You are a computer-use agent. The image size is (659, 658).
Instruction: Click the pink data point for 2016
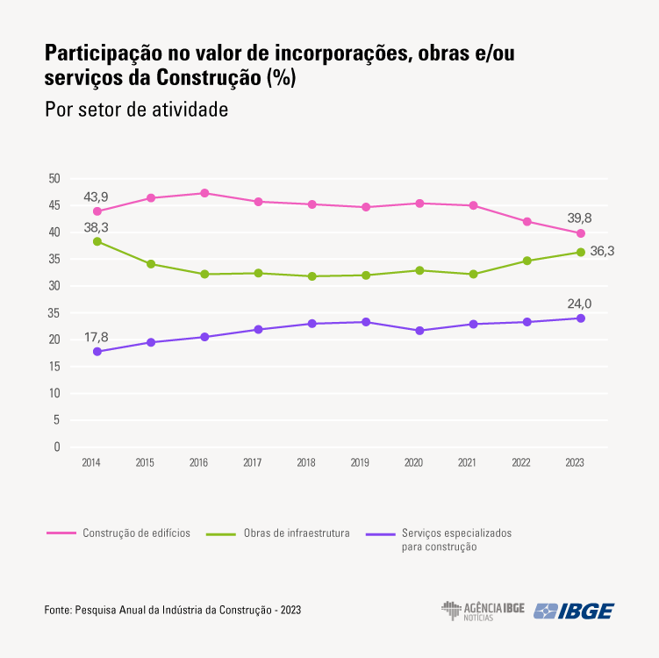(x=204, y=193)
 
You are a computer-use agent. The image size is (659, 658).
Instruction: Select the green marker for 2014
(x=97, y=241)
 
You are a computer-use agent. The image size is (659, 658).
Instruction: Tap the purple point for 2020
(x=419, y=331)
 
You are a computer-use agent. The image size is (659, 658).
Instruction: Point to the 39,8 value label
(x=579, y=218)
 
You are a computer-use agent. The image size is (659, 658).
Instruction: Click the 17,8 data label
(x=97, y=337)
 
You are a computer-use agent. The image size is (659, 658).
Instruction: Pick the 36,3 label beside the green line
(x=602, y=251)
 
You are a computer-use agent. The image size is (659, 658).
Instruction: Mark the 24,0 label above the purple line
(x=579, y=304)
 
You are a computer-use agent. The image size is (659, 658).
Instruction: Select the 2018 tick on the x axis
(x=306, y=462)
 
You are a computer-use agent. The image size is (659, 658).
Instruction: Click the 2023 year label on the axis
(x=575, y=462)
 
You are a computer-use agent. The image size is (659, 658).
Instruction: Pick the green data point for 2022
(x=526, y=261)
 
